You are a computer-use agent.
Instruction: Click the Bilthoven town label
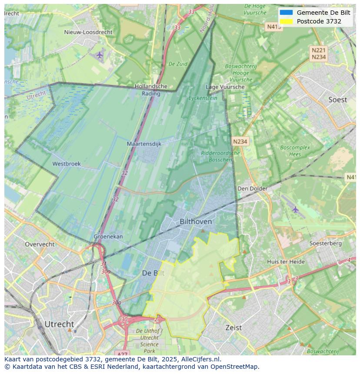pos(196,222)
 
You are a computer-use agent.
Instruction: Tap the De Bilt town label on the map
pos(153,273)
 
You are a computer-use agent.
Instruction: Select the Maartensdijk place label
pos(144,144)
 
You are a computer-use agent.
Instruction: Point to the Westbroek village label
pos(67,164)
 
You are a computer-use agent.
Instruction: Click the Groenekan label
pos(108,237)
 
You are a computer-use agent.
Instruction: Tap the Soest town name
pos(337,100)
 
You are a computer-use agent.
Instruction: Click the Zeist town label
pos(233,328)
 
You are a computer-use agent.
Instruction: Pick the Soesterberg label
pos(325,243)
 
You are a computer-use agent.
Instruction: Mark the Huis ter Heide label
pos(286,261)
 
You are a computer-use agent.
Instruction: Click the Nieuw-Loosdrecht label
pos(88,32)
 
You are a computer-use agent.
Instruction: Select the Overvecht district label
pos(40,244)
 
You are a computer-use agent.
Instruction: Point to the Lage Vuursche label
pos(225,87)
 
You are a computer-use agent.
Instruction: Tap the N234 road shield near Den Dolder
pos(240,142)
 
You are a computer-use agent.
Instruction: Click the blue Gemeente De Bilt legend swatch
pos(286,13)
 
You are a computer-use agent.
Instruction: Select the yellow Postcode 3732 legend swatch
pos(286,21)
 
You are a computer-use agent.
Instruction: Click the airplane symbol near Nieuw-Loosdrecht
pos(100,55)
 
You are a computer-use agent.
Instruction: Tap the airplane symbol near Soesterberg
pos(296,209)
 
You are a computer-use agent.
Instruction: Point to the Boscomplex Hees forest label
pos(295,151)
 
